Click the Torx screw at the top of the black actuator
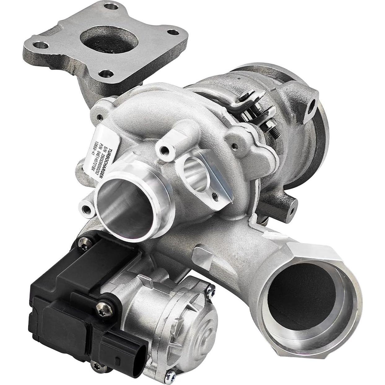(x=84, y=244)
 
